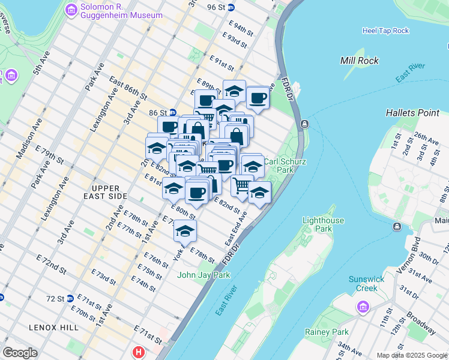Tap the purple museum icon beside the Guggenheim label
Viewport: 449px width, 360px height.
pos(71,10)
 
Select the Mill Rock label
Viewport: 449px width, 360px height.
pos(359,61)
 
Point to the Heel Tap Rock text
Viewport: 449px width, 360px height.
pos(385,31)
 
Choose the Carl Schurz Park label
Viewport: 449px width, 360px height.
pos(279,166)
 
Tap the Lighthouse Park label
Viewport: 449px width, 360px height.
pos(323,224)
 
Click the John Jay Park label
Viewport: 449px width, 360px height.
pos(204,275)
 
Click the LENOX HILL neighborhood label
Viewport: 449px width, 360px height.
pos(53,327)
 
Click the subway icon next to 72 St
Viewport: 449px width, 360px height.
pos(70,298)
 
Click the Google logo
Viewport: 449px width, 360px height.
pos(20,353)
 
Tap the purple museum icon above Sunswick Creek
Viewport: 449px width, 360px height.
pos(363,307)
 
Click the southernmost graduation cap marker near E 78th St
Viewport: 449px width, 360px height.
pos(185,230)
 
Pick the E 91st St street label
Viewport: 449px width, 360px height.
pos(221,62)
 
